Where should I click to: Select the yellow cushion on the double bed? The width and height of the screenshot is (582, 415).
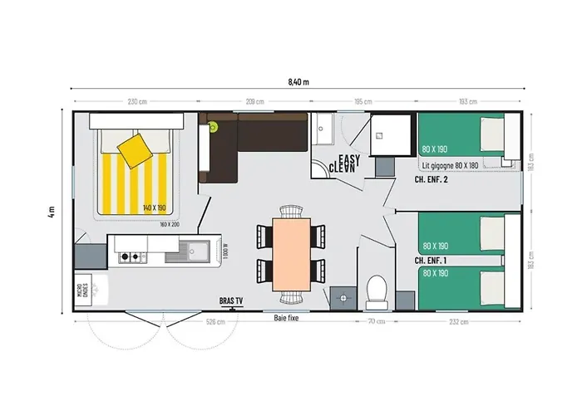pyautogui.click(x=136, y=150)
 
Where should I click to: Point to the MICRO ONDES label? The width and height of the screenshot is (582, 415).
pyautogui.click(x=81, y=289)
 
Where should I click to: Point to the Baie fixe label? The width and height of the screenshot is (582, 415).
pyautogui.click(x=288, y=318)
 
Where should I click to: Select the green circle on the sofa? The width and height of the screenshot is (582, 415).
pyautogui.click(x=213, y=126)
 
